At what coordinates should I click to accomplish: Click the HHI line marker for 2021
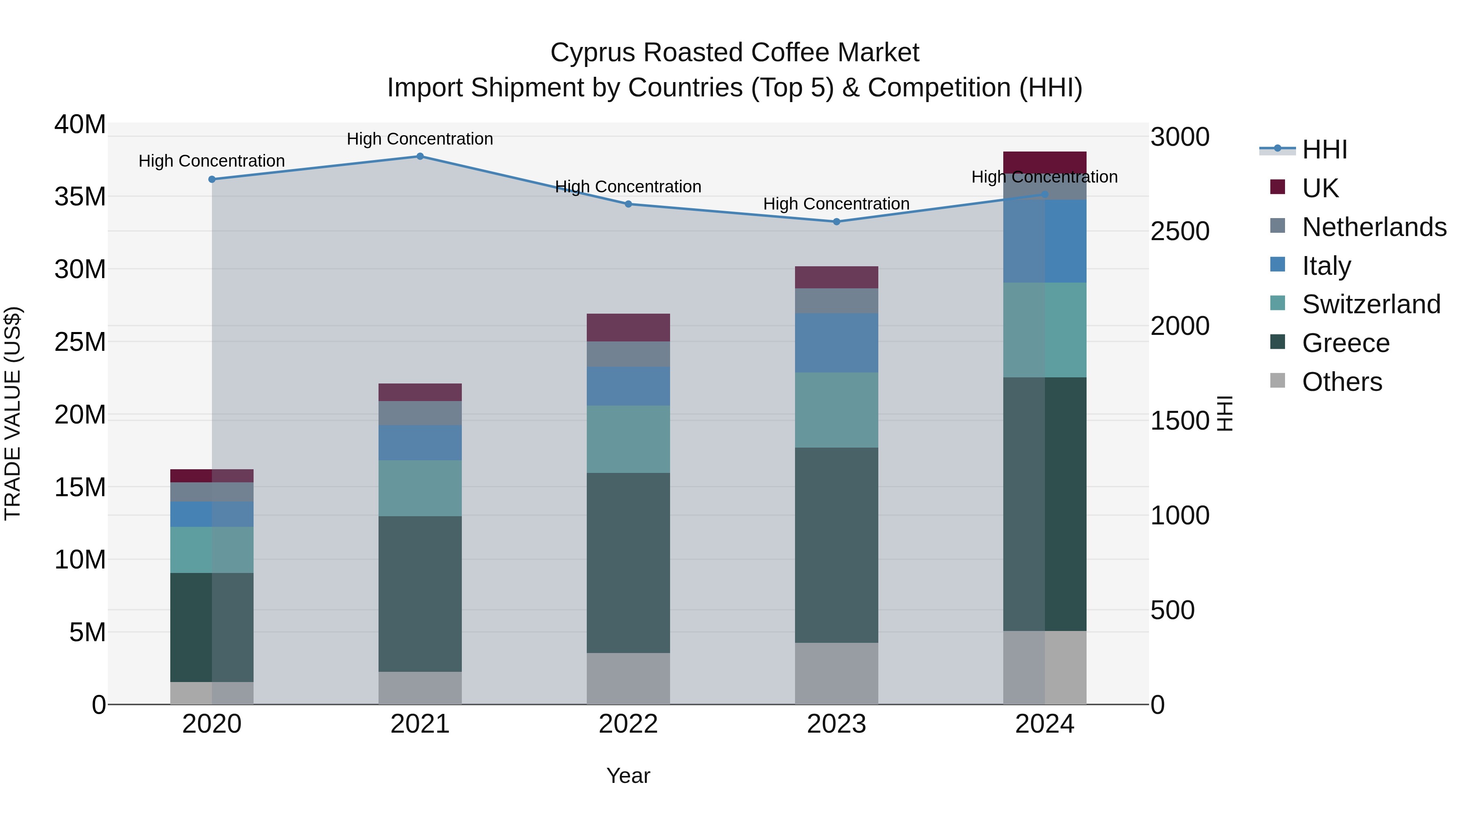[x=420, y=156]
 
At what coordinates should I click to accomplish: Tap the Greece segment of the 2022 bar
[x=628, y=563]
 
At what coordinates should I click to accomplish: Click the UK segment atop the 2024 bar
[x=1045, y=162]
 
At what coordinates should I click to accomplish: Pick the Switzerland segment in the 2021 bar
[x=420, y=488]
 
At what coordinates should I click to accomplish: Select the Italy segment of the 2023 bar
[x=837, y=343]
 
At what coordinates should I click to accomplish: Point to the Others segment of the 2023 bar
[x=837, y=673]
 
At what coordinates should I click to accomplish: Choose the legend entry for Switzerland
[x=1371, y=304]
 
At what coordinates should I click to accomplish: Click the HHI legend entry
[x=1324, y=149]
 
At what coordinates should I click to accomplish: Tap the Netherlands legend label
[x=1374, y=227]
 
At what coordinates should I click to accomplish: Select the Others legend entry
[x=1342, y=382]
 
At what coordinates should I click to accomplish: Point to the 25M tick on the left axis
[x=80, y=342]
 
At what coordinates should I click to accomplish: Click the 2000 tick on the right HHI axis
[x=1179, y=326]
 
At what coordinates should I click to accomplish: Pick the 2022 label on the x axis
[x=628, y=724]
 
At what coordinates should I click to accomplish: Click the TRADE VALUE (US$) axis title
[x=13, y=413]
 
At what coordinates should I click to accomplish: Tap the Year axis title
[x=628, y=776]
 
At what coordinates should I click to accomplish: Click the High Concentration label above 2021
[x=420, y=139]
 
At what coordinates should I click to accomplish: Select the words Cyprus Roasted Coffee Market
[x=735, y=53]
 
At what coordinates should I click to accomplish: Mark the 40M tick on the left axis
[x=80, y=125]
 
